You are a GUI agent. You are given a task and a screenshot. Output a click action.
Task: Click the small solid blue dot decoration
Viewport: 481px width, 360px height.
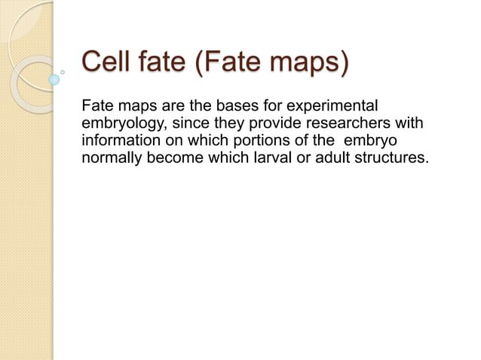pyautogui.click(x=54, y=79)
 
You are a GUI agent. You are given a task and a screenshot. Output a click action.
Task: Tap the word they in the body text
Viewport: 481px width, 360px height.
pyautogui.click(x=229, y=124)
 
